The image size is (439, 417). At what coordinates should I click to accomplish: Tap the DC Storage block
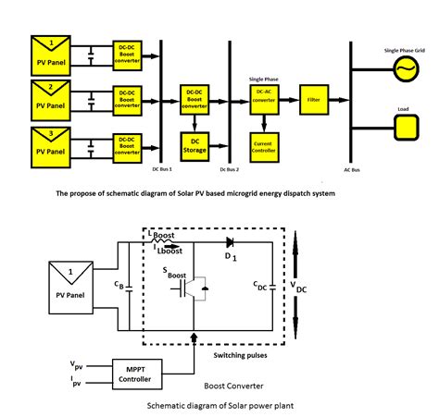[x=195, y=144]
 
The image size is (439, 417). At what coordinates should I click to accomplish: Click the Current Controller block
[x=265, y=144]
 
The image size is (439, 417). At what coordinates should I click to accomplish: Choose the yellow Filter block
[x=314, y=97]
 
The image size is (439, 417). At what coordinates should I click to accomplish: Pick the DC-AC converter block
[x=265, y=99]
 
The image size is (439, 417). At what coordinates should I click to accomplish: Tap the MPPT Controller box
[x=137, y=373]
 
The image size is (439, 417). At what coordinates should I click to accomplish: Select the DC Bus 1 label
[x=163, y=170]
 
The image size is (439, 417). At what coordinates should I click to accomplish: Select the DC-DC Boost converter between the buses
[x=195, y=97]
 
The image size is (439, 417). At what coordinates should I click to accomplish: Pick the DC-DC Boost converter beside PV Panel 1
[x=126, y=50]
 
